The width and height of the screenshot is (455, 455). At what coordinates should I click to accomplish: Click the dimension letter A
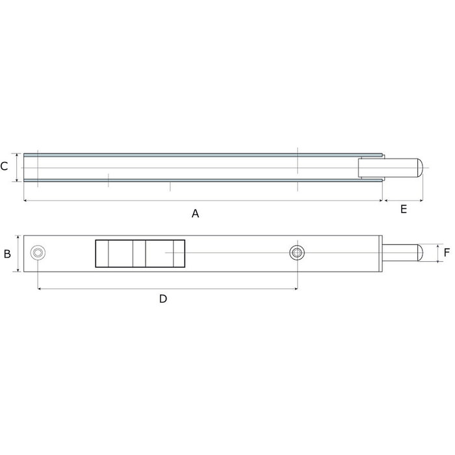195,214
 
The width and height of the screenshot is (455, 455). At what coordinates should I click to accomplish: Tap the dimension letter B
7,253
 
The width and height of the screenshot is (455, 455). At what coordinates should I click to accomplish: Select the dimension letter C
5,166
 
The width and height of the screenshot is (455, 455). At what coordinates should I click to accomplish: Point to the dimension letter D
163,298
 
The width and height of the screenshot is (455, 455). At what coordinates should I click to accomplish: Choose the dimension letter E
404,209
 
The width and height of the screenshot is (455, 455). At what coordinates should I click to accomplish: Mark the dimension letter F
447,253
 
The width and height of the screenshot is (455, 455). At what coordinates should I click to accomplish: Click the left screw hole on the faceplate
38,253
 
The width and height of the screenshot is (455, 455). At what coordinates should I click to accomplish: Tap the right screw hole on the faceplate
297,253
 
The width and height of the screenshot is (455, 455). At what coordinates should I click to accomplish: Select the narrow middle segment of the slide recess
139,253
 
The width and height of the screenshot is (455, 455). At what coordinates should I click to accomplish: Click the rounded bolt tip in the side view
419,168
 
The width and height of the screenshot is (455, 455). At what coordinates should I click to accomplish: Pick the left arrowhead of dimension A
25,201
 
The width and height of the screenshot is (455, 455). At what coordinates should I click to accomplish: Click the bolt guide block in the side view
370,168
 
